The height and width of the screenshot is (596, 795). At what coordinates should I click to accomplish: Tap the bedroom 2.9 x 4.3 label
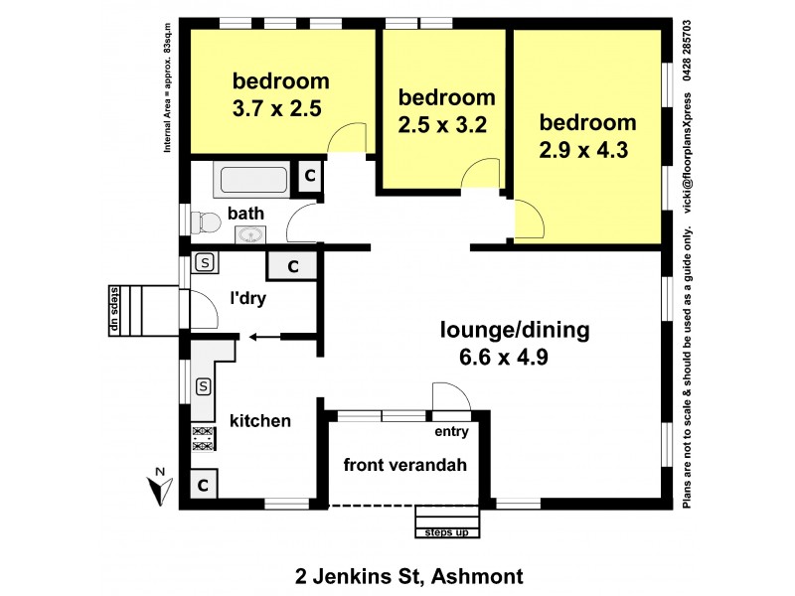(587, 137)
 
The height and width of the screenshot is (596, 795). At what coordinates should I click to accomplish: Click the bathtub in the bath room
(252, 180)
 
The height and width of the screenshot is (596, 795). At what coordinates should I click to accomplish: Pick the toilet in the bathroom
(204, 223)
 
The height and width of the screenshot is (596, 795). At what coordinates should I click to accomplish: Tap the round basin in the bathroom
(249, 235)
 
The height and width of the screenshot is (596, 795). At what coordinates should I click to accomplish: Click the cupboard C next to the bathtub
(309, 177)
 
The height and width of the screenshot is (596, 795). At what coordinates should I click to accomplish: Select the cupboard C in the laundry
(293, 266)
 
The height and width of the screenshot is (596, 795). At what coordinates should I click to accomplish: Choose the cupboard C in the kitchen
(202, 486)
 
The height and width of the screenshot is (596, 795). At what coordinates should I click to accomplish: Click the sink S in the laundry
(205, 263)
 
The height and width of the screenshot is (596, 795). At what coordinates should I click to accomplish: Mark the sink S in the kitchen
(203, 385)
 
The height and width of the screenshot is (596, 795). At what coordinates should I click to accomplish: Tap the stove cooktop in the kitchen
(203, 439)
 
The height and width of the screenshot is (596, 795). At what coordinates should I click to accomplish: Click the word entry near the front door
(450, 432)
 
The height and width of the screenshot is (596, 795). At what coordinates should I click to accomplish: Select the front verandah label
(404, 464)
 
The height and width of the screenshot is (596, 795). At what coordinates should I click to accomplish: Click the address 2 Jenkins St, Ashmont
(409, 575)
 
